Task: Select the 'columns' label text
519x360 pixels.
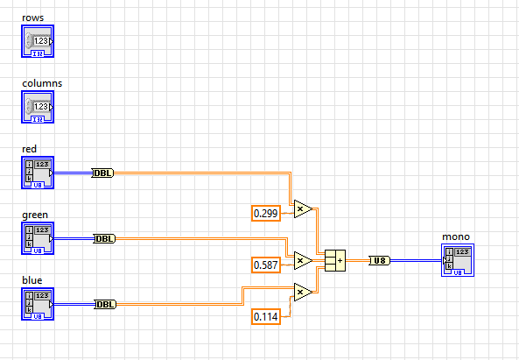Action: pyautogui.click(x=40, y=84)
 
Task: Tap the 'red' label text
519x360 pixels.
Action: pyautogui.click(x=30, y=149)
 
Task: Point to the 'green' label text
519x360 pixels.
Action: pyautogui.click(x=35, y=215)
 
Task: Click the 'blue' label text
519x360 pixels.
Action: pyautogui.click(x=32, y=280)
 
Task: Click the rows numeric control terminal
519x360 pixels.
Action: pyautogui.click(x=38, y=41)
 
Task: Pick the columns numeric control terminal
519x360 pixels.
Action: pyautogui.click(x=38, y=107)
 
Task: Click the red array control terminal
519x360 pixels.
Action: pyautogui.click(x=38, y=173)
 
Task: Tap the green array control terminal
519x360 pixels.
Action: pyautogui.click(x=38, y=238)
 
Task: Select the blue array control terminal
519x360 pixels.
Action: pyautogui.click(x=38, y=304)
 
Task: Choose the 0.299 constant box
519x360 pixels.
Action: pyautogui.click(x=266, y=213)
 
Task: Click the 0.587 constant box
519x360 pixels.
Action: pyautogui.click(x=266, y=265)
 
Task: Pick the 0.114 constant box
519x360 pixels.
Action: pyautogui.click(x=266, y=315)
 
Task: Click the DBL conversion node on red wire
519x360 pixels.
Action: pyautogui.click(x=103, y=173)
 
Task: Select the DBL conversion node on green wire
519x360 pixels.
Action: pyautogui.click(x=104, y=238)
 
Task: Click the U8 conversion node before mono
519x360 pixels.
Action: pyautogui.click(x=379, y=260)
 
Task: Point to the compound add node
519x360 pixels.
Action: pyautogui.click(x=335, y=260)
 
